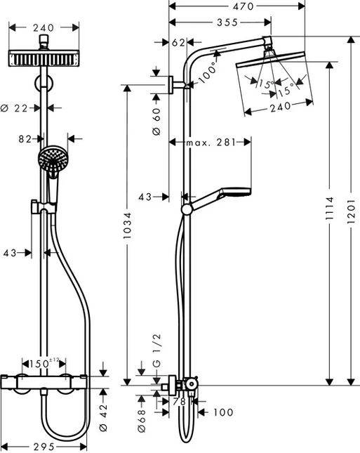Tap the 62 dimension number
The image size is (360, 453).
(178, 43)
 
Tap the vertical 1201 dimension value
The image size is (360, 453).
(350, 211)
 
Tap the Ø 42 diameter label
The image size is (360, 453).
(103, 414)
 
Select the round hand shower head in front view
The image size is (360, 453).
(51, 160)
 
